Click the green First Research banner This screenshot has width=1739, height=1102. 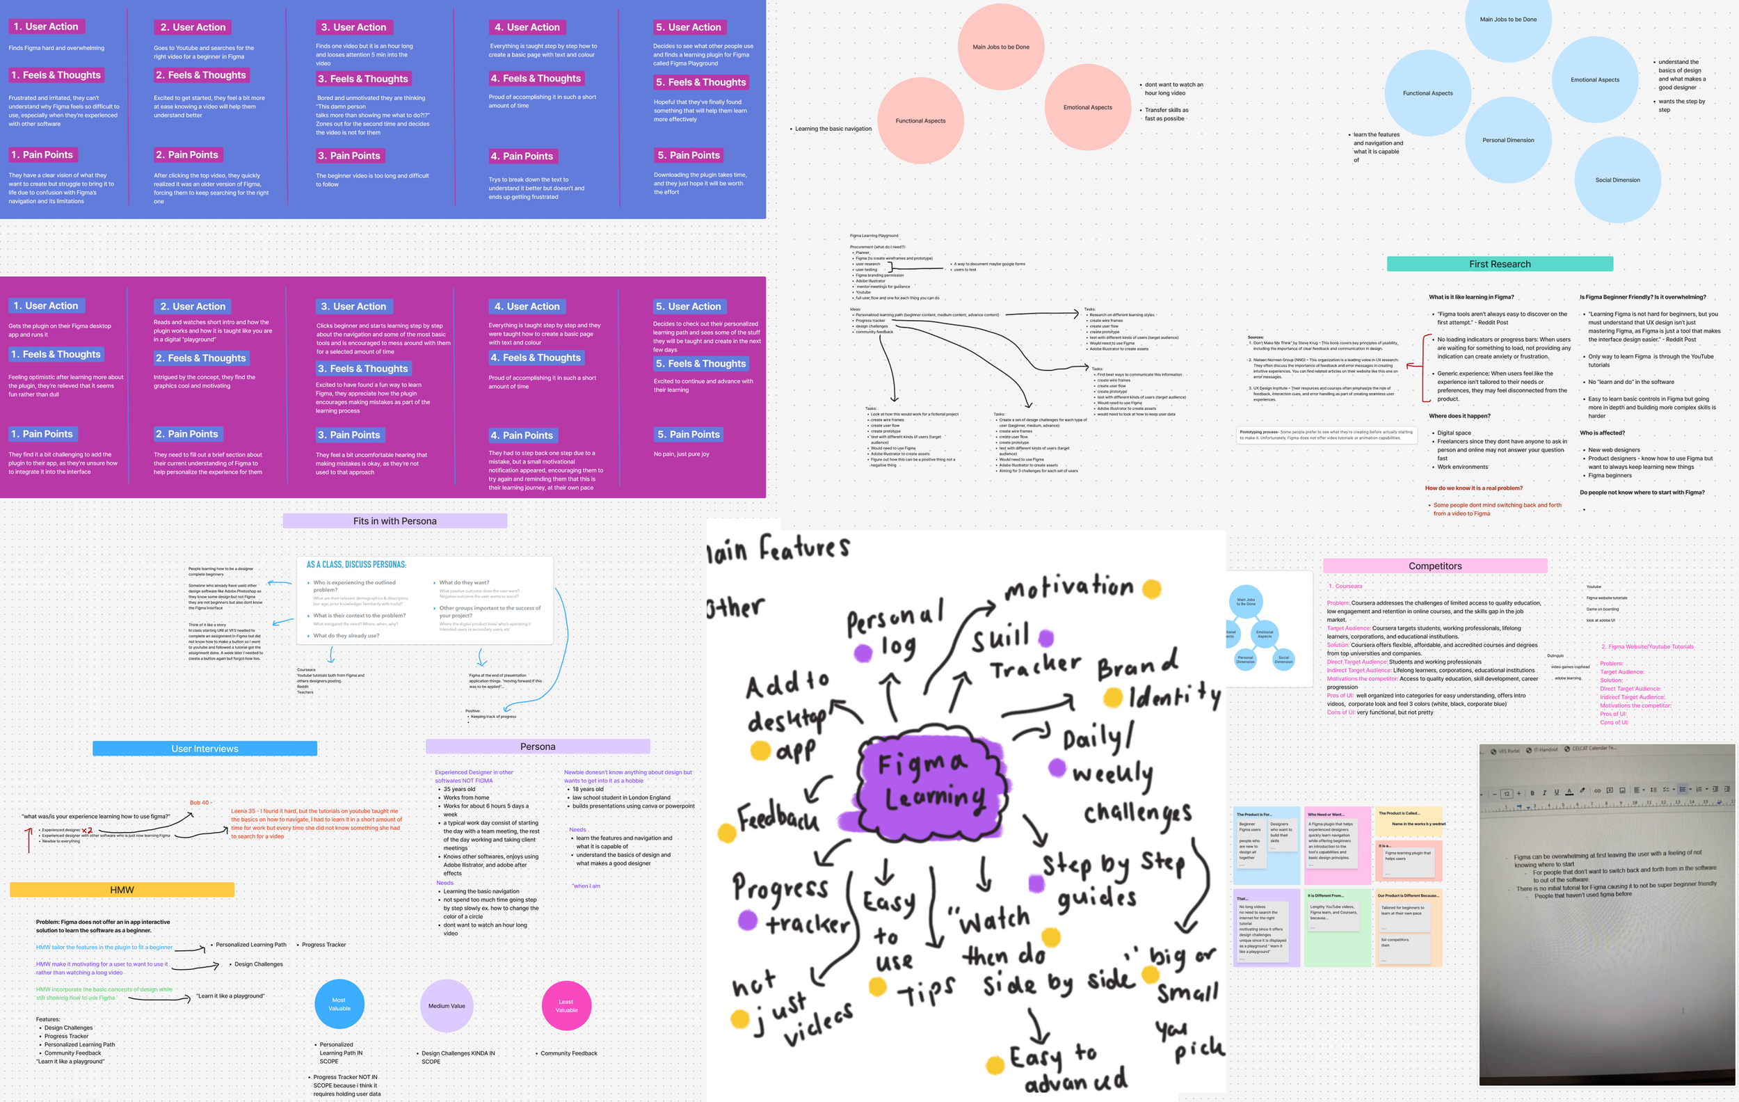click(x=1499, y=264)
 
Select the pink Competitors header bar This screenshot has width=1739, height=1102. click(x=1434, y=566)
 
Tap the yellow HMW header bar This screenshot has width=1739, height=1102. click(x=122, y=890)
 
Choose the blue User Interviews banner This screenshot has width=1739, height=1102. click(x=205, y=749)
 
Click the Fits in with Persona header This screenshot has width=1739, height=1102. click(x=394, y=520)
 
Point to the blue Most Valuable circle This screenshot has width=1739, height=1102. click(x=339, y=1005)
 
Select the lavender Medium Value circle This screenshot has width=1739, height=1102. click(x=447, y=1005)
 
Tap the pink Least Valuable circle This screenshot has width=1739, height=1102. click(x=566, y=1005)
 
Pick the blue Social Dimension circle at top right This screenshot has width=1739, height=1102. click(x=1617, y=179)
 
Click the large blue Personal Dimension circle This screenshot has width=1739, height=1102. click(x=1508, y=140)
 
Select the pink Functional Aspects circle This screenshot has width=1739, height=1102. click(x=920, y=120)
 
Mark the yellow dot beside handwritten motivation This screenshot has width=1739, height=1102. click(x=1152, y=589)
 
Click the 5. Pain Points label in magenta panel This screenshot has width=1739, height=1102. click(x=688, y=435)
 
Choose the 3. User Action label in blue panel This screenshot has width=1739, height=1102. click(x=353, y=27)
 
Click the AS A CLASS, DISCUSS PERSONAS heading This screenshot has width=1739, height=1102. click(x=356, y=565)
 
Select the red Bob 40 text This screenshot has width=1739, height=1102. click(x=200, y=802)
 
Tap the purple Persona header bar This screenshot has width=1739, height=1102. click(x=537, y=746)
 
